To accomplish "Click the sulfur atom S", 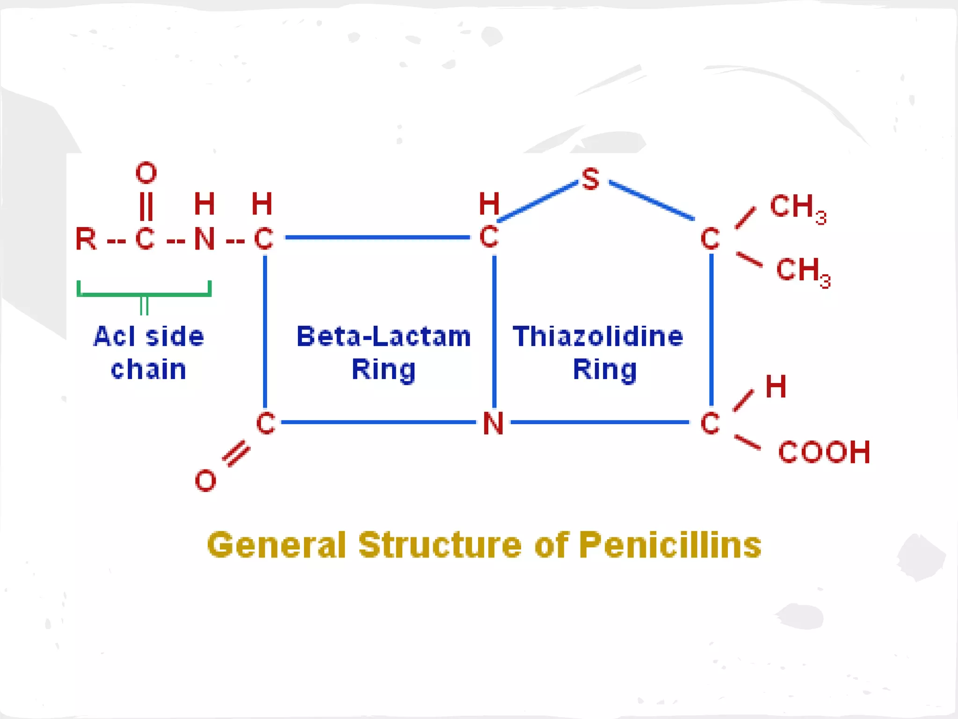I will [x=590, y=179].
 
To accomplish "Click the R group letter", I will [x=86, y=239].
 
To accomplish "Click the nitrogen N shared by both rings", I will [x=493, y=423].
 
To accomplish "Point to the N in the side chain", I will [x=204, y=239].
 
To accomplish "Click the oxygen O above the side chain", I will [x=146, y=172].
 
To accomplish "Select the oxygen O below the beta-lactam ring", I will [x=205, y=480].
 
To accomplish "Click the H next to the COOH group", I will [x=776, y=387].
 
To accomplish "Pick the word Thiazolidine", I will [x=598, y=336].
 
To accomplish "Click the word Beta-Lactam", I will [x=384, y=336].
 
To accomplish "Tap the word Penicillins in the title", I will [x=670, y=545].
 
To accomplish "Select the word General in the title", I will [x=276, y=545].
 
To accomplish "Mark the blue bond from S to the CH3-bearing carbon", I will [x=651, y=200].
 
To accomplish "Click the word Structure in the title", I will [x=440, y=545].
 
